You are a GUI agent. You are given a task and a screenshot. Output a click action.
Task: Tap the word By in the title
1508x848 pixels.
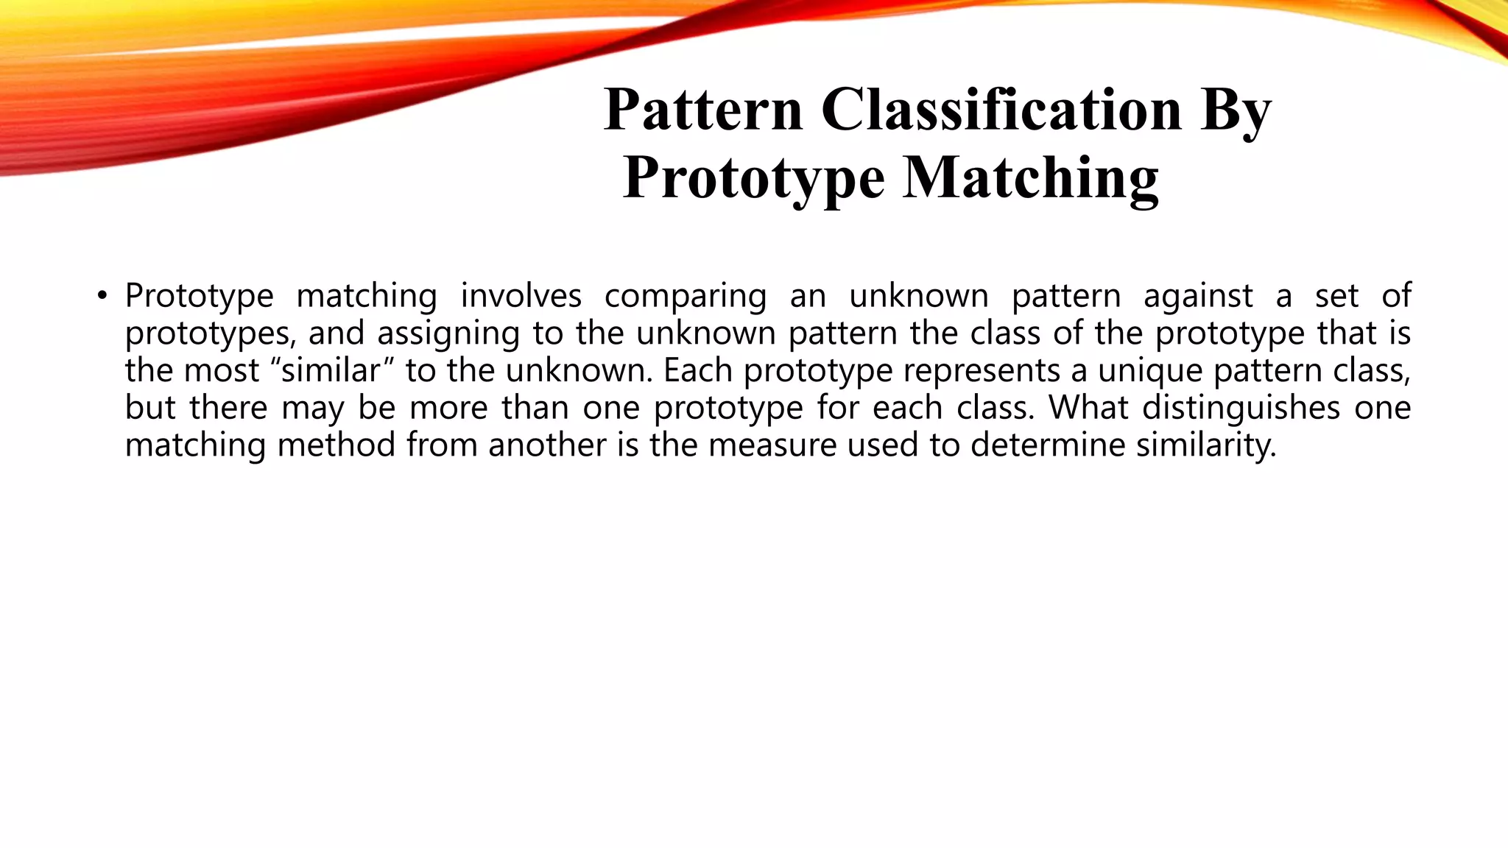pos(1236,110)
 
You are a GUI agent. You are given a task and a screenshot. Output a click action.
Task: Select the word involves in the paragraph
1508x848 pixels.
pos(521,296)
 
